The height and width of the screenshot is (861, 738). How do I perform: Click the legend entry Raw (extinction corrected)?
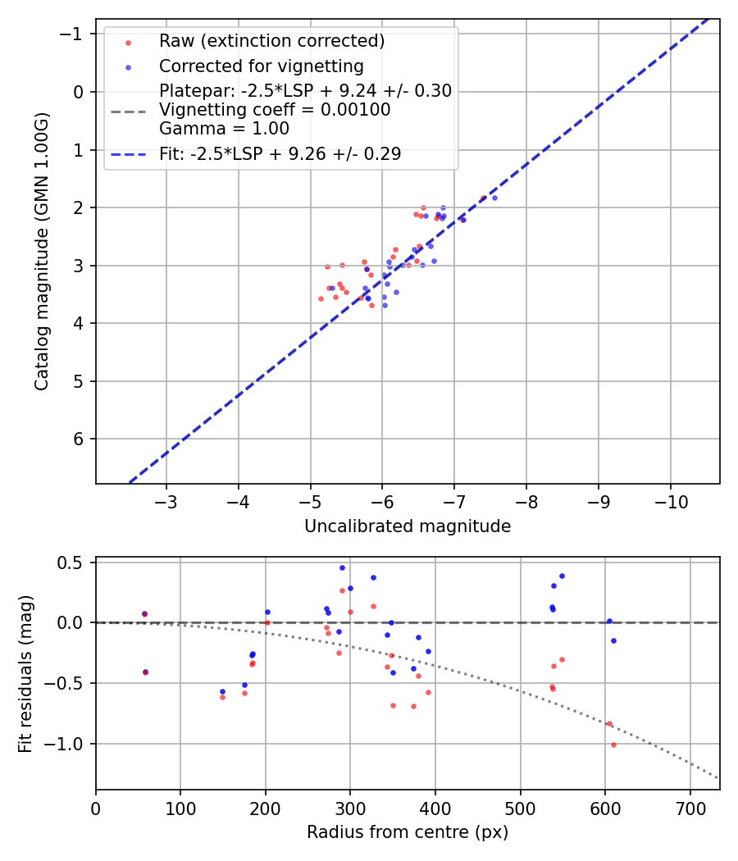[x=271, y=41]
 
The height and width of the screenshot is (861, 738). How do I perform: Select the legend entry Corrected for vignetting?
[x=261, y=66]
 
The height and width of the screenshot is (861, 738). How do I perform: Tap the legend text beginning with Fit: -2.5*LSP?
[x=280, y=153]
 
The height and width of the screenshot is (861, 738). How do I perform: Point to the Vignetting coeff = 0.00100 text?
[x=275, y=110]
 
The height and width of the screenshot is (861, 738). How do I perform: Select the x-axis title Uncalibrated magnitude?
[x=408, y=526]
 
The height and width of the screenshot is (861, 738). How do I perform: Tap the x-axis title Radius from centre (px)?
[x=408, y=832]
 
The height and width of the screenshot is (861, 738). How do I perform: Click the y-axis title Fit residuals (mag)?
[x=25, y=673]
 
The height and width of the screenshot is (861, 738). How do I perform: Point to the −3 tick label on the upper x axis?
[x=166, y=501]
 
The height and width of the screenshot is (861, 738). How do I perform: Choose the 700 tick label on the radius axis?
[x=690, y=808]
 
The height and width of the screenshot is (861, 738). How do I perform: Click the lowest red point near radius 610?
[x=613, y=745]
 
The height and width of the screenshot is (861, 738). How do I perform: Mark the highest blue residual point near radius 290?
[x=342, y=567]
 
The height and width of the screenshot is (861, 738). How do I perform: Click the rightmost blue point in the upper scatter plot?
[x=494, y=198]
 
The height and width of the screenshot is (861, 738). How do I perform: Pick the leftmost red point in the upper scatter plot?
[x=321, y=298]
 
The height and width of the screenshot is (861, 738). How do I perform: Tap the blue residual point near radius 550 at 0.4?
[x=562, y=576]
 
